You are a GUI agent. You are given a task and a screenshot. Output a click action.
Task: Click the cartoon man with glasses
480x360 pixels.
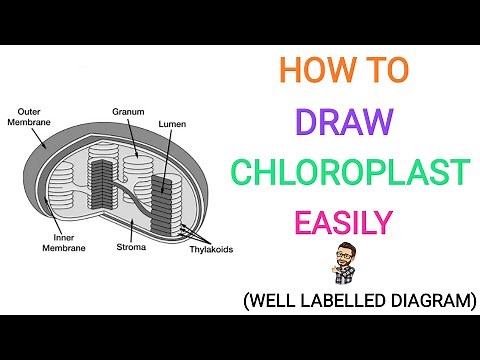click(x=343, y=264)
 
